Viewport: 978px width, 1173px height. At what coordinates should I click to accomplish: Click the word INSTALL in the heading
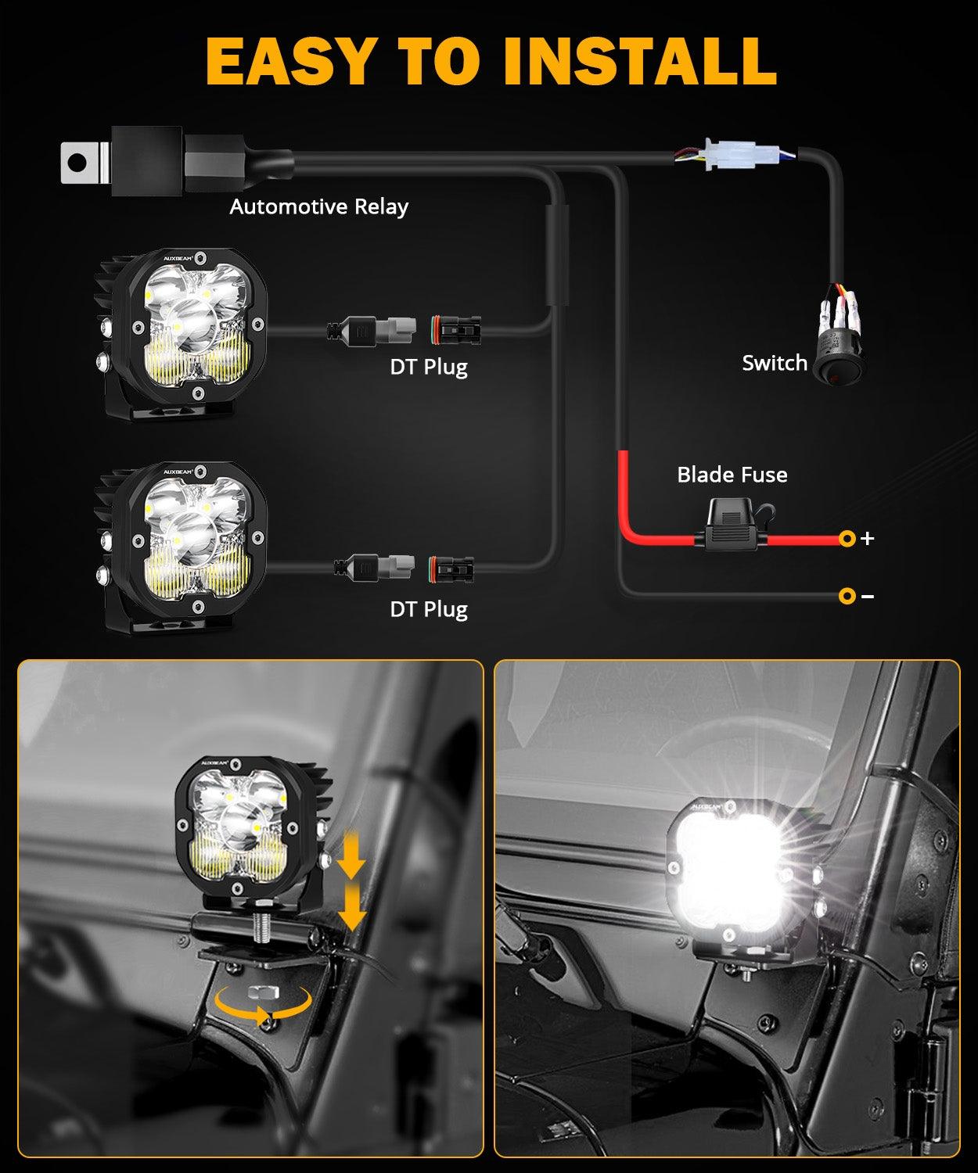pyautogui.click(x=639, y=59)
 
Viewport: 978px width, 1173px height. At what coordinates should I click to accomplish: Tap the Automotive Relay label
pyautogui.click(x=318, y=207)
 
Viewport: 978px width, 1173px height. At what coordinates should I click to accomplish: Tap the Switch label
pyautogui.click(x=774, y=363)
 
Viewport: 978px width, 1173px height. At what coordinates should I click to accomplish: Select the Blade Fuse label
pyautogui.click(x=732, y=475)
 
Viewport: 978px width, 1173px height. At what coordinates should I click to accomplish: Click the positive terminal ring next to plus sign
pyautogui.click(x=847, y=538)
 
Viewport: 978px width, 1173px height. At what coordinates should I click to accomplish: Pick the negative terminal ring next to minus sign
pyautogui.click(x=847, y=596)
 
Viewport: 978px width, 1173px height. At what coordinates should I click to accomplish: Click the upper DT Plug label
pyautogui.click(x=429, y=367)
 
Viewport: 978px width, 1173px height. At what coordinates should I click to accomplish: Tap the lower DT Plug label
pyautogui.click(x=429, y=609)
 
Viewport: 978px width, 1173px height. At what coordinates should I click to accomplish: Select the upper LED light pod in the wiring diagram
pyautogui.click(x=188, y=328)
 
